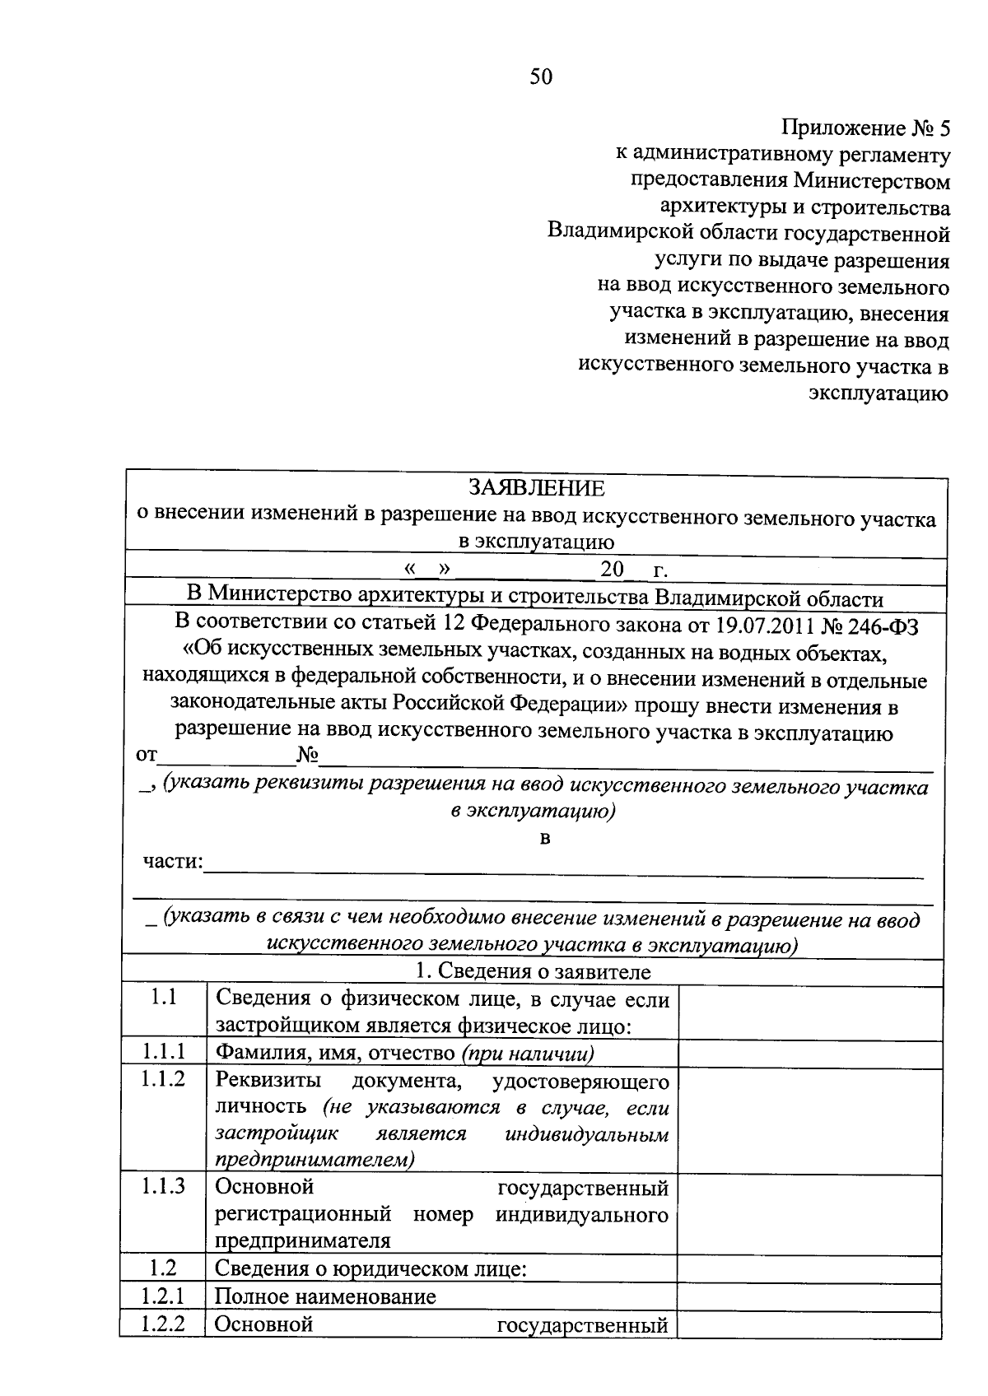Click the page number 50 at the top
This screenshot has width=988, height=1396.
542,77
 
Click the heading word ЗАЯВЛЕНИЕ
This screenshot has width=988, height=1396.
536,488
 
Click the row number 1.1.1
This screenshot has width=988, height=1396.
162,1053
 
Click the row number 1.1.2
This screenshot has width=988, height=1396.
162,1079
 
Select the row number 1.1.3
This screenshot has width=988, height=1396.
162,1186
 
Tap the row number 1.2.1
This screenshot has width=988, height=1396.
162,1296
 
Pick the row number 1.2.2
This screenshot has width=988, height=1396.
162,1324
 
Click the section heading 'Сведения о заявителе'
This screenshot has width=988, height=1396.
543,972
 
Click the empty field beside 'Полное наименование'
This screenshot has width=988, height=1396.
809,1297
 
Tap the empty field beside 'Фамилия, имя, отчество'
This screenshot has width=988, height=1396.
809,1054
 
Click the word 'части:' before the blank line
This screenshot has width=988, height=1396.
173,862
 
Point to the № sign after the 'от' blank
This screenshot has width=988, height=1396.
307,756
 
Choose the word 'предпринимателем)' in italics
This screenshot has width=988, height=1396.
315,1160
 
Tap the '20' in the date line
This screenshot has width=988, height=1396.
612,570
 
